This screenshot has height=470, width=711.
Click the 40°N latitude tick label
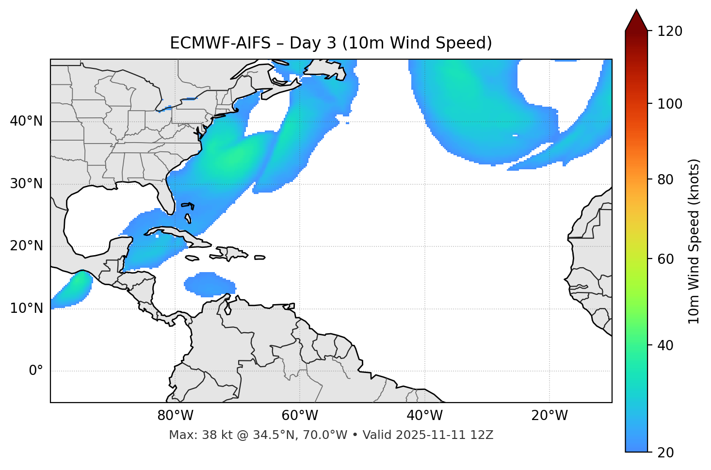(26, 121)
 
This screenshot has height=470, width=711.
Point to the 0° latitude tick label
(36, 371)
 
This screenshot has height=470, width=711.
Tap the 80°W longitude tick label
(175, 416)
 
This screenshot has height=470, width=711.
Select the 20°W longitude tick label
(549, 416)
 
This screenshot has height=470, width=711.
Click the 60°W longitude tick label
(300, 416)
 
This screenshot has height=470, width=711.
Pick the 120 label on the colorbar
(671, 32)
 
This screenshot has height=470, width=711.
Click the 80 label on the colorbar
(665, 180)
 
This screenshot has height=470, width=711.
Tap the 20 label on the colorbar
(665, 453)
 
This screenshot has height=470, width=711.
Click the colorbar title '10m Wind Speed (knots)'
(694, 242)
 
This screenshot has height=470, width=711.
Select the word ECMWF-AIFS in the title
(220, 43)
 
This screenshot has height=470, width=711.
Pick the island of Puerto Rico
(260, 257)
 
